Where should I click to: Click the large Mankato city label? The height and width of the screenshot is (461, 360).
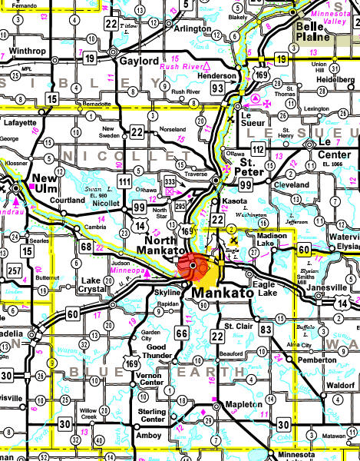click(226, 293)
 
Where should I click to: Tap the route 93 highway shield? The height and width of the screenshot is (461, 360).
click(218, 89)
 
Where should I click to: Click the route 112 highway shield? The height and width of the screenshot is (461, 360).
click(260, 148)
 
